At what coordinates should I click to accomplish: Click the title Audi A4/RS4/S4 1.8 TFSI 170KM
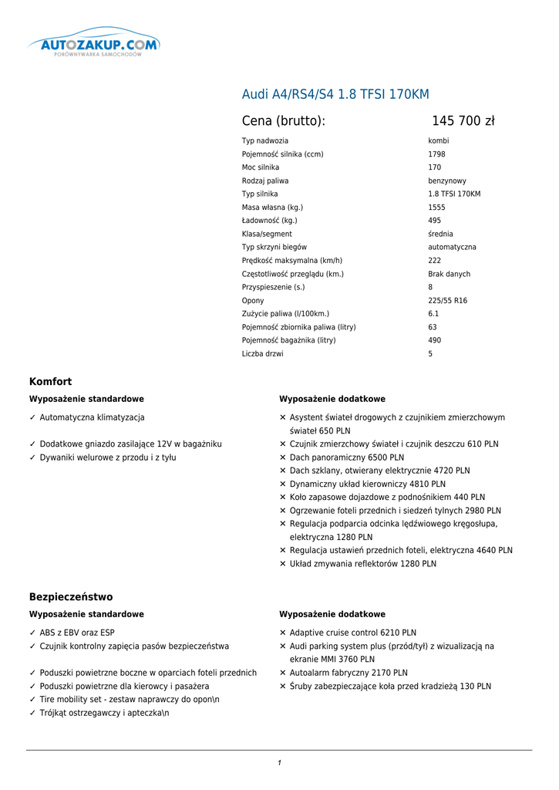coord(335,95)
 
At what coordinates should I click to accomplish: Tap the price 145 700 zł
coord(463,121)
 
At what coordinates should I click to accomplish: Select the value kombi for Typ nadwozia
coord(439,141)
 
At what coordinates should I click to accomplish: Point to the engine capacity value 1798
coord(436,154)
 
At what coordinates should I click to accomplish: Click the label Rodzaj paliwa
coord(265,181)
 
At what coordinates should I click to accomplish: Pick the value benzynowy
coord(447,181)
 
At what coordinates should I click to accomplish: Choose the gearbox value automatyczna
coord(452,248)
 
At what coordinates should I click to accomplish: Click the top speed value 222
coord(435,261)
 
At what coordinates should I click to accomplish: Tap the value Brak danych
coord(449,274)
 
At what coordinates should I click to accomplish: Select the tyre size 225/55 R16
coord(447,301)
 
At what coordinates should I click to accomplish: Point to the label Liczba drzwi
coord(262,354)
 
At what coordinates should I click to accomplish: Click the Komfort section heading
coord(51,382)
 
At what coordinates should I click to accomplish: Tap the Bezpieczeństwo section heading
coord(71,597)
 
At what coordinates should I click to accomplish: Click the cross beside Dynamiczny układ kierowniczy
coord(283,484)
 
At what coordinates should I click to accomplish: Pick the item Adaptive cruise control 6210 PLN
coord(352,633)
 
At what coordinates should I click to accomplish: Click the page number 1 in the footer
coord(279,763)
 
